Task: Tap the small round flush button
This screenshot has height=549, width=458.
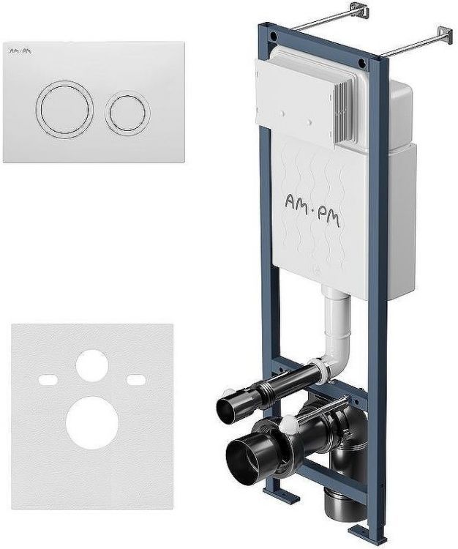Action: pos(127,112)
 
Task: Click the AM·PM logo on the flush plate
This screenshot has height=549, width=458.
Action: pos(20,51)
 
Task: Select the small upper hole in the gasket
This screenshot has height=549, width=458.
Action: pos(92,366)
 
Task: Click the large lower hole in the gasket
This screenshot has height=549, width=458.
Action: pos(92,423)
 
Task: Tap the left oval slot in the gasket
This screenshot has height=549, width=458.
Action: pos(48,380)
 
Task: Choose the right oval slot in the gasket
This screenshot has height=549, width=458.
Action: pos(136,380)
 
